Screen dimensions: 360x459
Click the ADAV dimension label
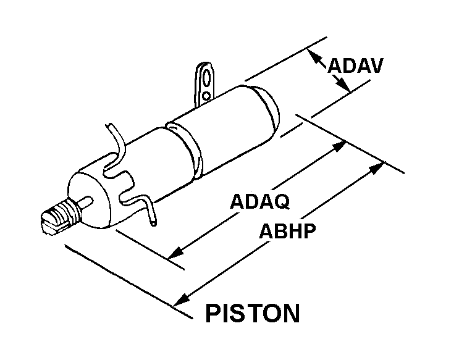[355, 66]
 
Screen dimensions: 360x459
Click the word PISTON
[252, 313]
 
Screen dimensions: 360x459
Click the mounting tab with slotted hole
[206, 80]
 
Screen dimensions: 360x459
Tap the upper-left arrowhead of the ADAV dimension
[314, 57]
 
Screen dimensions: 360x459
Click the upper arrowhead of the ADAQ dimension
[339, 146]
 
